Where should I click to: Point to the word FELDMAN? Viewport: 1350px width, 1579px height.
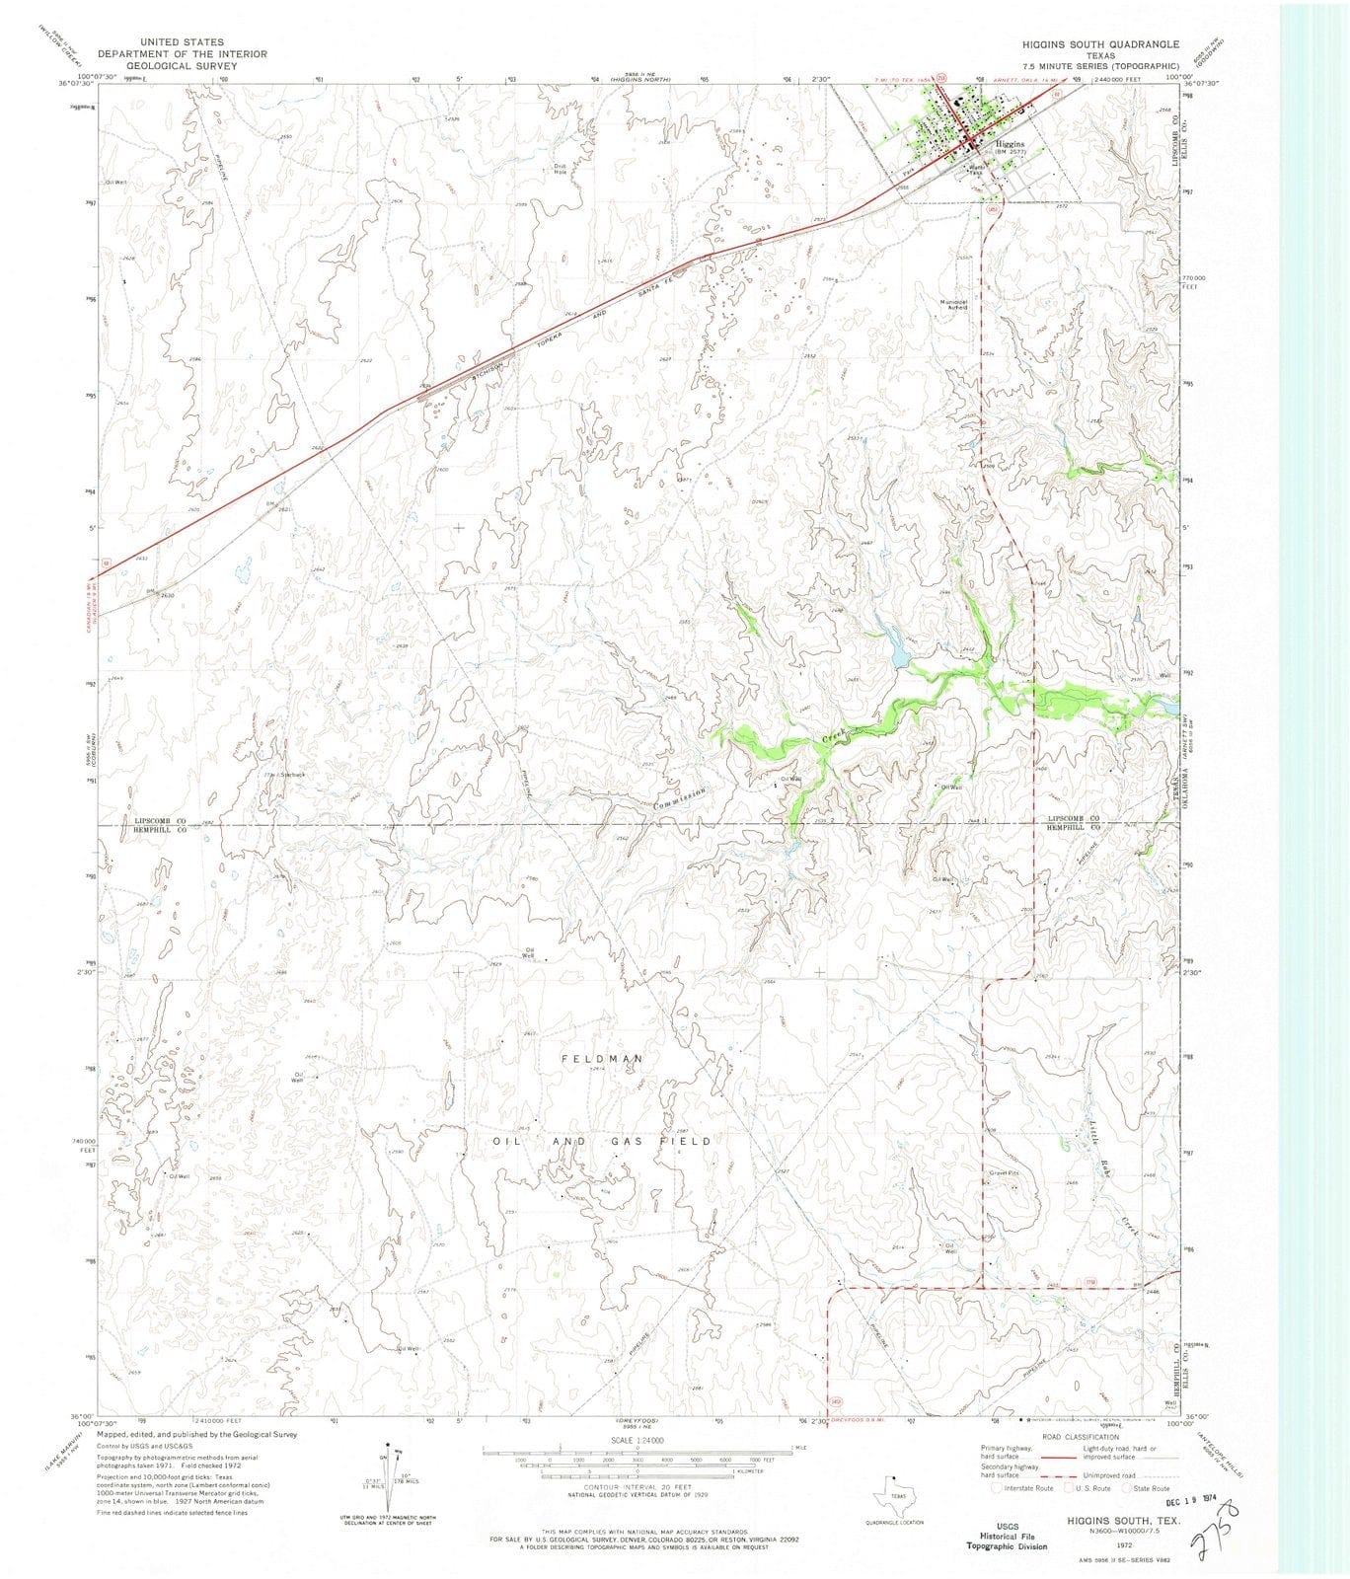point(602,1059)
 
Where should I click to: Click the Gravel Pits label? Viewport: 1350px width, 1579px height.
point(1003,1173)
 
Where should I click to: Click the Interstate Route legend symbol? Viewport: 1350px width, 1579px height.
point(1008,1488)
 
